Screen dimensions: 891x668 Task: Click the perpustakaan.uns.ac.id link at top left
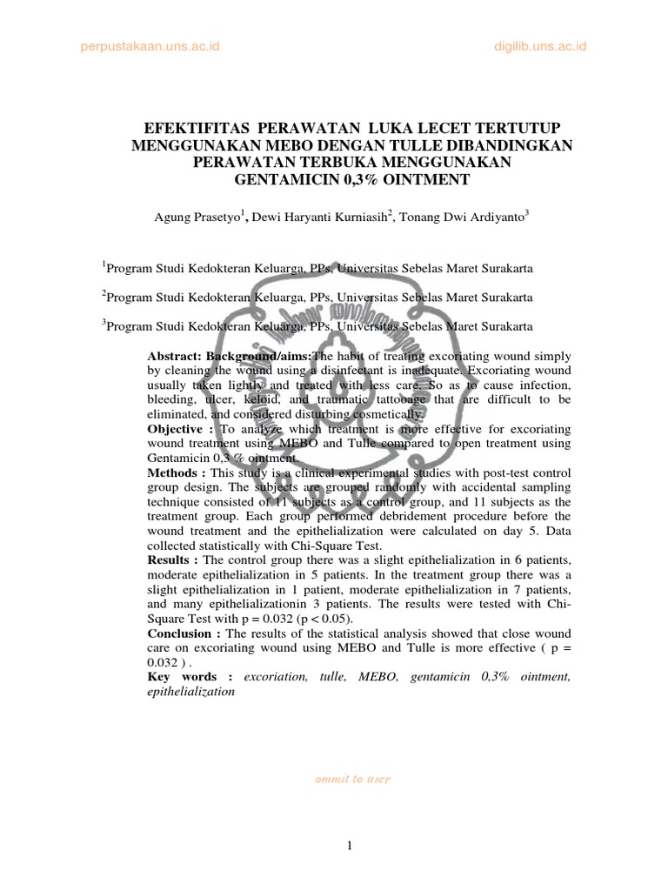coord(145,46)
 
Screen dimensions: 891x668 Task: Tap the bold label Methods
coord(175,472)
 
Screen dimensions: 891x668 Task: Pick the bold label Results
coord(173,557)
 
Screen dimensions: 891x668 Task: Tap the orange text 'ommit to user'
coord(352,780)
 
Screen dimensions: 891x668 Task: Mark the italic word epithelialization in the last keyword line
coord(190,692)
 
